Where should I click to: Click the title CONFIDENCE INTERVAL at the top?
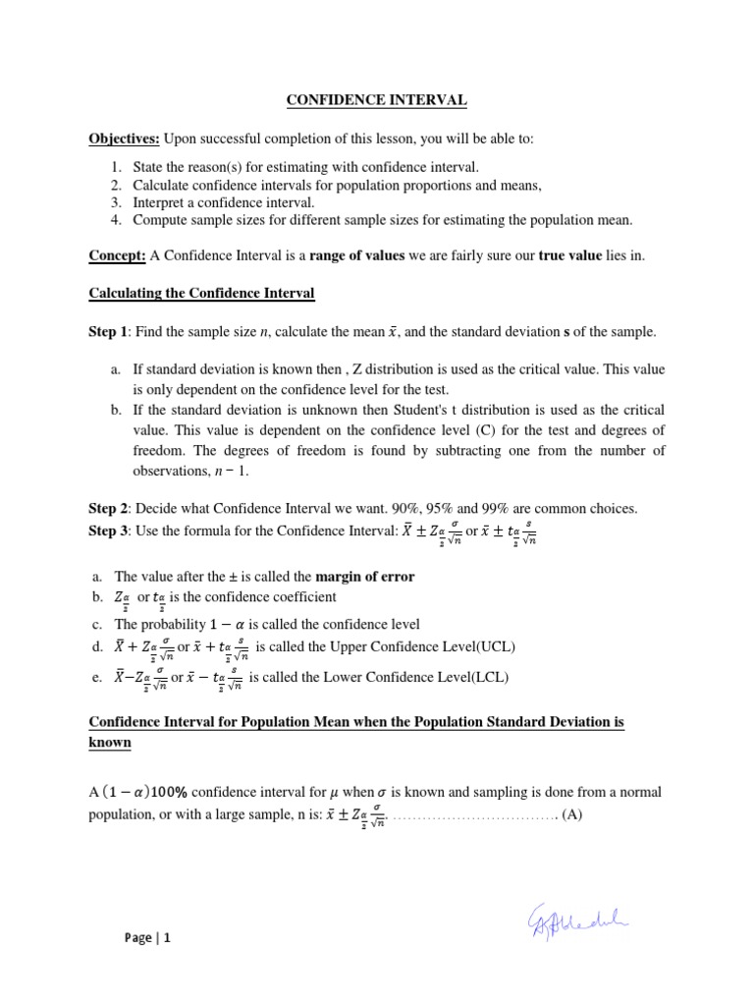click(377, 100)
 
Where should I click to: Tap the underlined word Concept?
click(118, 255)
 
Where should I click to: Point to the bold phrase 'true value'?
click(573, 255)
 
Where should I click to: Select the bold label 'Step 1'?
click(108, 333)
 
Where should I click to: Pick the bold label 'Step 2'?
click(108, 508)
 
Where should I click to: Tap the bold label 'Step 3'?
click(108, 531)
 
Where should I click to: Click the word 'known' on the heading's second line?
click(110, 743)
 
